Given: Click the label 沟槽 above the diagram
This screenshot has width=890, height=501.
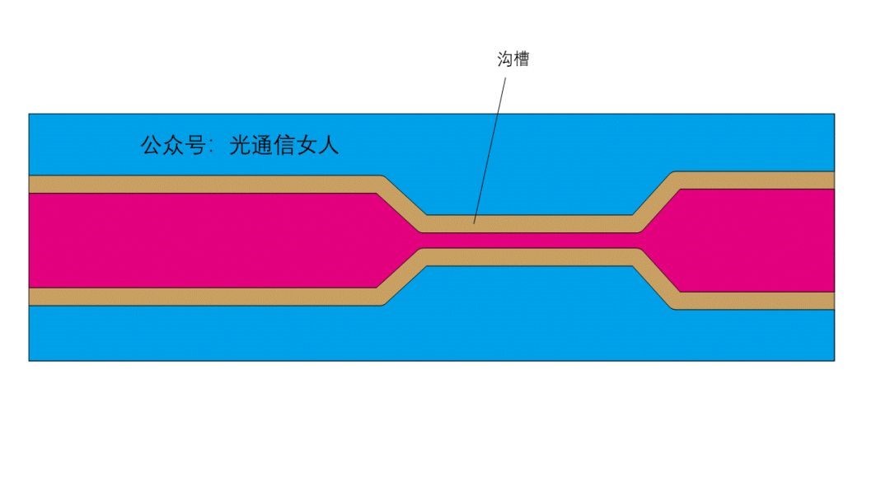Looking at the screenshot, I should (513, 59).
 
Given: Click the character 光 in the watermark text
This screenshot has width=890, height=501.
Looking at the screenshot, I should (239, 146).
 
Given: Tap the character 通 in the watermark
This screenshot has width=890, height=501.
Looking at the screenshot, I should (264, 146).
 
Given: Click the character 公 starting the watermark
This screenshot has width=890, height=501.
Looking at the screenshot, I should (151, 146).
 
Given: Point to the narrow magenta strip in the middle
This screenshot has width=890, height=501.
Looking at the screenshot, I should (527, 240).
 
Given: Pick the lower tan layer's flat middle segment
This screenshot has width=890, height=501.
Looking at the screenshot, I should (527, 257).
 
